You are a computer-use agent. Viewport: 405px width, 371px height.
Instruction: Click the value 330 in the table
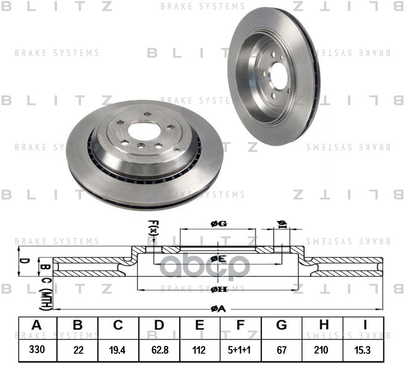[37, 350]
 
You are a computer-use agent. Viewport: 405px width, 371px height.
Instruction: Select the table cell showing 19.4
[118, 350]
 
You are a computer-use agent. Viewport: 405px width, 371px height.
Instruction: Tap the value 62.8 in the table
[159, 350]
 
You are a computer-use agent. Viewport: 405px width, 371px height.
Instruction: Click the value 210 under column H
[323, 350]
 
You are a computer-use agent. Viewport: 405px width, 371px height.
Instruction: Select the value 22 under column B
[77, 350]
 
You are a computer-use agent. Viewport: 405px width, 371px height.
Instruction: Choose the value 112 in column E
[199, 350]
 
